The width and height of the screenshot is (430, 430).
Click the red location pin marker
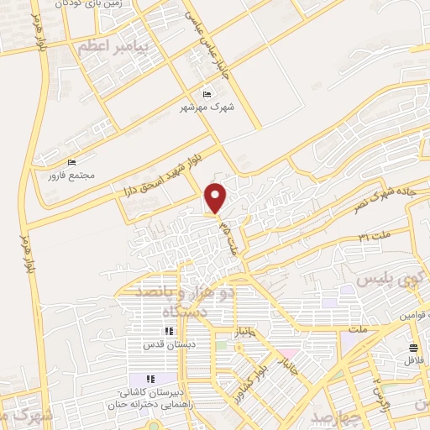point(217,197)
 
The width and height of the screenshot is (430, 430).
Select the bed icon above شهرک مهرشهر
point(208,93)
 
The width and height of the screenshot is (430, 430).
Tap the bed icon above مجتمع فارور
point(72,162)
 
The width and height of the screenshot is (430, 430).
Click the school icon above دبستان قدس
point(169,331)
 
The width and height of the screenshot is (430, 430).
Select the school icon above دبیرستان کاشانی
point(151,378)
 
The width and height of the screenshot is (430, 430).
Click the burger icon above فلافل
point(413,348)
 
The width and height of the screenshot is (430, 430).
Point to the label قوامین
point(411,313)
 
